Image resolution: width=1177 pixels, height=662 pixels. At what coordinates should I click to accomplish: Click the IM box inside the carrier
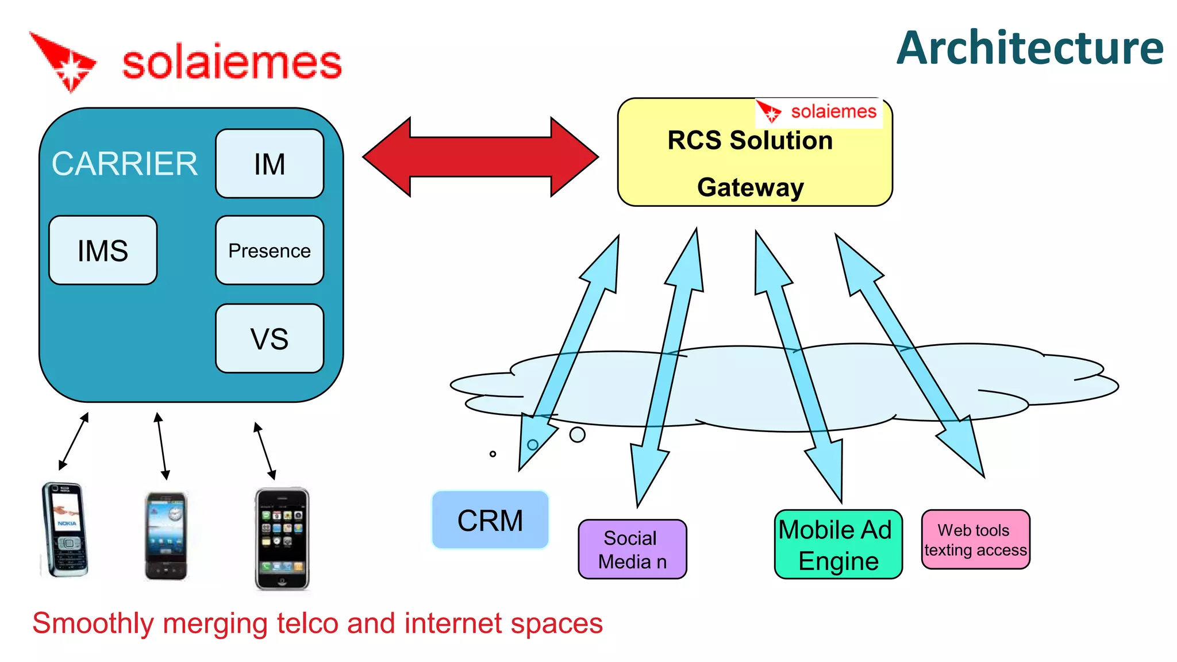click(x=270, y=164)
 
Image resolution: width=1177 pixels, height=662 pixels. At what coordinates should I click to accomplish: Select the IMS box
click(x=103, y=251)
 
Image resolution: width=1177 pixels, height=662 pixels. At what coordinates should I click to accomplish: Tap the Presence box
click(x=270, y=251)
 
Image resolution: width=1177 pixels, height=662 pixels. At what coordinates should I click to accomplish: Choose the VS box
click(x=270, y=338)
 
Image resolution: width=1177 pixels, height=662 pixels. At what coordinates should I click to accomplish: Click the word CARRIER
click(x=125, y=164)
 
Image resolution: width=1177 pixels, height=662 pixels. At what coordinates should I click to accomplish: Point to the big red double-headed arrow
click(x=480, y=157)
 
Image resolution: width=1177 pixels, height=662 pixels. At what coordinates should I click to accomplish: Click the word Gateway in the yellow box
click(x=750, y=187)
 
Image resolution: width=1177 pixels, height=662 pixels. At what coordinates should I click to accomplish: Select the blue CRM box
click(x=490, y=520)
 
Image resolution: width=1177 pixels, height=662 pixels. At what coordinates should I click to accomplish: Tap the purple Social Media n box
click(x=632, y=549)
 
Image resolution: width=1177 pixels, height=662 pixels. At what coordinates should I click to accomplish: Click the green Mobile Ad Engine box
click(x=838, y=544)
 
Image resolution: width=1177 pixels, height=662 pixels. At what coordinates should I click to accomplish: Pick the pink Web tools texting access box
click(x=975, y=540)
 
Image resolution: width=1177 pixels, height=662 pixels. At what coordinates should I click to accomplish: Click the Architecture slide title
click(x=1030, y=48)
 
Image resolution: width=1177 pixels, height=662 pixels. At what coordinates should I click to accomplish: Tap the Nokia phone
click(x=65, y=529)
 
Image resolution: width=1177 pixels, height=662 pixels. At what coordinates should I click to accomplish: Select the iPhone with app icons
click(x=282, y=538)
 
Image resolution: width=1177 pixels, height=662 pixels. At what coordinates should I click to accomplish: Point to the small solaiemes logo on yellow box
click(x=818, y=111)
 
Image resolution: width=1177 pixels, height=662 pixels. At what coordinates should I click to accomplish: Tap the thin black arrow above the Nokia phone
click(x=74, y=441)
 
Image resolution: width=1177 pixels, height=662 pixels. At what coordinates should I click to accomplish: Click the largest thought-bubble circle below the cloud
click(x=577, y=435)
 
